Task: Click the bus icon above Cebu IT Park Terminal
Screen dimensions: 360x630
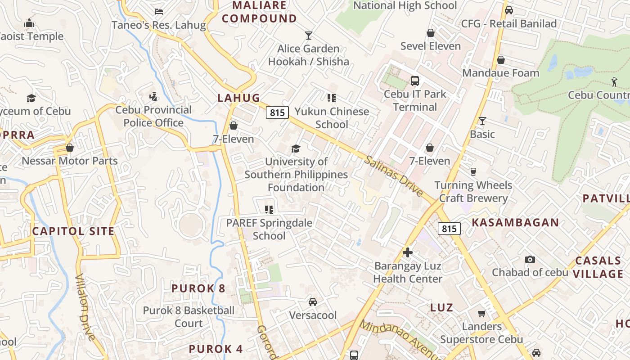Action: coord(415,81)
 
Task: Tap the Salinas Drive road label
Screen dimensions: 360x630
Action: coord(393,176)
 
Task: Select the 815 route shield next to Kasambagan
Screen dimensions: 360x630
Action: coord(449,229)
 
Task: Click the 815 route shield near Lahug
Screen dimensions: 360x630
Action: coord(277,112)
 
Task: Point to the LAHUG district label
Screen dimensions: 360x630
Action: coord(239,98)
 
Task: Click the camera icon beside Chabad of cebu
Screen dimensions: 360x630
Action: coord(530,259)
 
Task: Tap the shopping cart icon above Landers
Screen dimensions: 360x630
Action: coord(481,313)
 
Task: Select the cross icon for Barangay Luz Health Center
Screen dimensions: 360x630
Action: coord(408,252)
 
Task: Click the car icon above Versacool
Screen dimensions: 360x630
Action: coord(312,302)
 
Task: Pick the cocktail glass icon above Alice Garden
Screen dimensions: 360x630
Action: coord(309,35)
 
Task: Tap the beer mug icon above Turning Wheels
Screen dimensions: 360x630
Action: coord(473,171)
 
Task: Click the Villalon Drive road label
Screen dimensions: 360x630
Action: coord(85,307)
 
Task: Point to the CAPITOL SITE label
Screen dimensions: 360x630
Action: coord(73,231)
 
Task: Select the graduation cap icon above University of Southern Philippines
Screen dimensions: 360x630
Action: coord(296,148)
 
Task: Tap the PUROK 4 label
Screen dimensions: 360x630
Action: coord(216,349)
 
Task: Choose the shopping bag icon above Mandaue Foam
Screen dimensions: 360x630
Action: coord(500,60)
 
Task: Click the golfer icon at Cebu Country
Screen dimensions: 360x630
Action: coord(615,82)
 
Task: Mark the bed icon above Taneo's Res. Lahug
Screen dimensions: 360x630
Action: coord(158,12)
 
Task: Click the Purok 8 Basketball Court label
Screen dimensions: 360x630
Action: coord(189,317)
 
